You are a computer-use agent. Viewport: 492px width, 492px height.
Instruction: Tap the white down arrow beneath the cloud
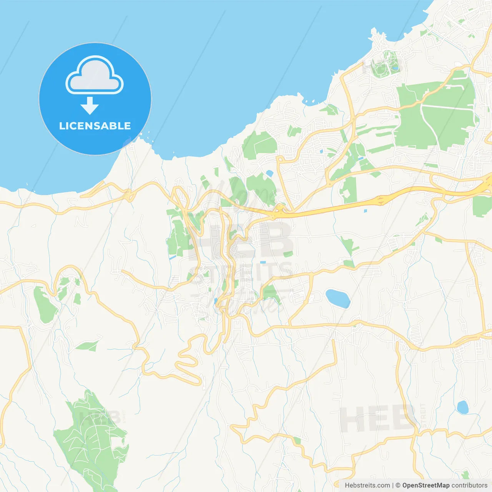point(90,106)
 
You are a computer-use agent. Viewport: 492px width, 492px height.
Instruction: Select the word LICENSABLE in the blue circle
point(95,126)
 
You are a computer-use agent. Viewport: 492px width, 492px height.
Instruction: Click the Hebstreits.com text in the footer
point(367,485)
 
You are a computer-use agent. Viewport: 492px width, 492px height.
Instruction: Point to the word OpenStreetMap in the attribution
point(426,485)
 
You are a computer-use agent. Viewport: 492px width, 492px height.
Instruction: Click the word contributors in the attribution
point(469,485)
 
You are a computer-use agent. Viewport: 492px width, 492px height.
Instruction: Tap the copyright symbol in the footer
point(398,485)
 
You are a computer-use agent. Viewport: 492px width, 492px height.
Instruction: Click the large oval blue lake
point(337,298)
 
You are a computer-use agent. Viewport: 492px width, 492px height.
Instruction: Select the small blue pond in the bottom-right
point(462,407)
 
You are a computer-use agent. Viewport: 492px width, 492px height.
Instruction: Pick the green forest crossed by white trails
point(92,438)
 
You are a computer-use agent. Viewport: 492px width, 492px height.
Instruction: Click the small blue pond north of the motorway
point(269,173)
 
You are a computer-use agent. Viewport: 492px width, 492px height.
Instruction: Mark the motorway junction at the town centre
point(279,210)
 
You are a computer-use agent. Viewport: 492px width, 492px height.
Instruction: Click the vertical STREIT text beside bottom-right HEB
point(423,415)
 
